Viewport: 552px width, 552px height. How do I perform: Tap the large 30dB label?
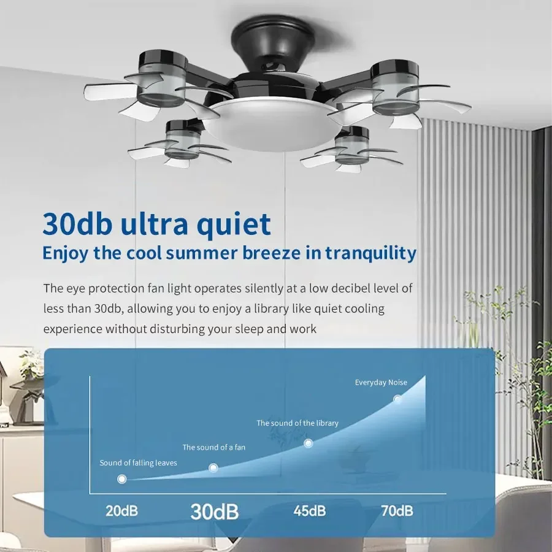tap(214, 511)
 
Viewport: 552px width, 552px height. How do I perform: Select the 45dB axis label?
tap(309, 510)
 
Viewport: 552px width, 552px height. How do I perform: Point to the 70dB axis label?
tap(397, 510)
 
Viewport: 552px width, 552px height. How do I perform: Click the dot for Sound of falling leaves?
tap(122, 478)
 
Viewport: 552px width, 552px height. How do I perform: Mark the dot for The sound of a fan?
tap(213, 468)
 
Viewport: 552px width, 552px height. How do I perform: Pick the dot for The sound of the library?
tap(309, 443)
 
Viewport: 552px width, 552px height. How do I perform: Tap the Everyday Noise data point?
tap(397, 399)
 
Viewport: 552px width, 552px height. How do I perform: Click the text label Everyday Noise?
tap(381, 383)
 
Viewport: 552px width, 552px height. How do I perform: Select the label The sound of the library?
tap(297, 423)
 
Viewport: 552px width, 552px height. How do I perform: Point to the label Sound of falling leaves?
tap(138, 462)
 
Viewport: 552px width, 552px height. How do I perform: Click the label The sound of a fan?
tap(213, 447)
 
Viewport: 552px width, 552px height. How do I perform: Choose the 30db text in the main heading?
tap(77, 224)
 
